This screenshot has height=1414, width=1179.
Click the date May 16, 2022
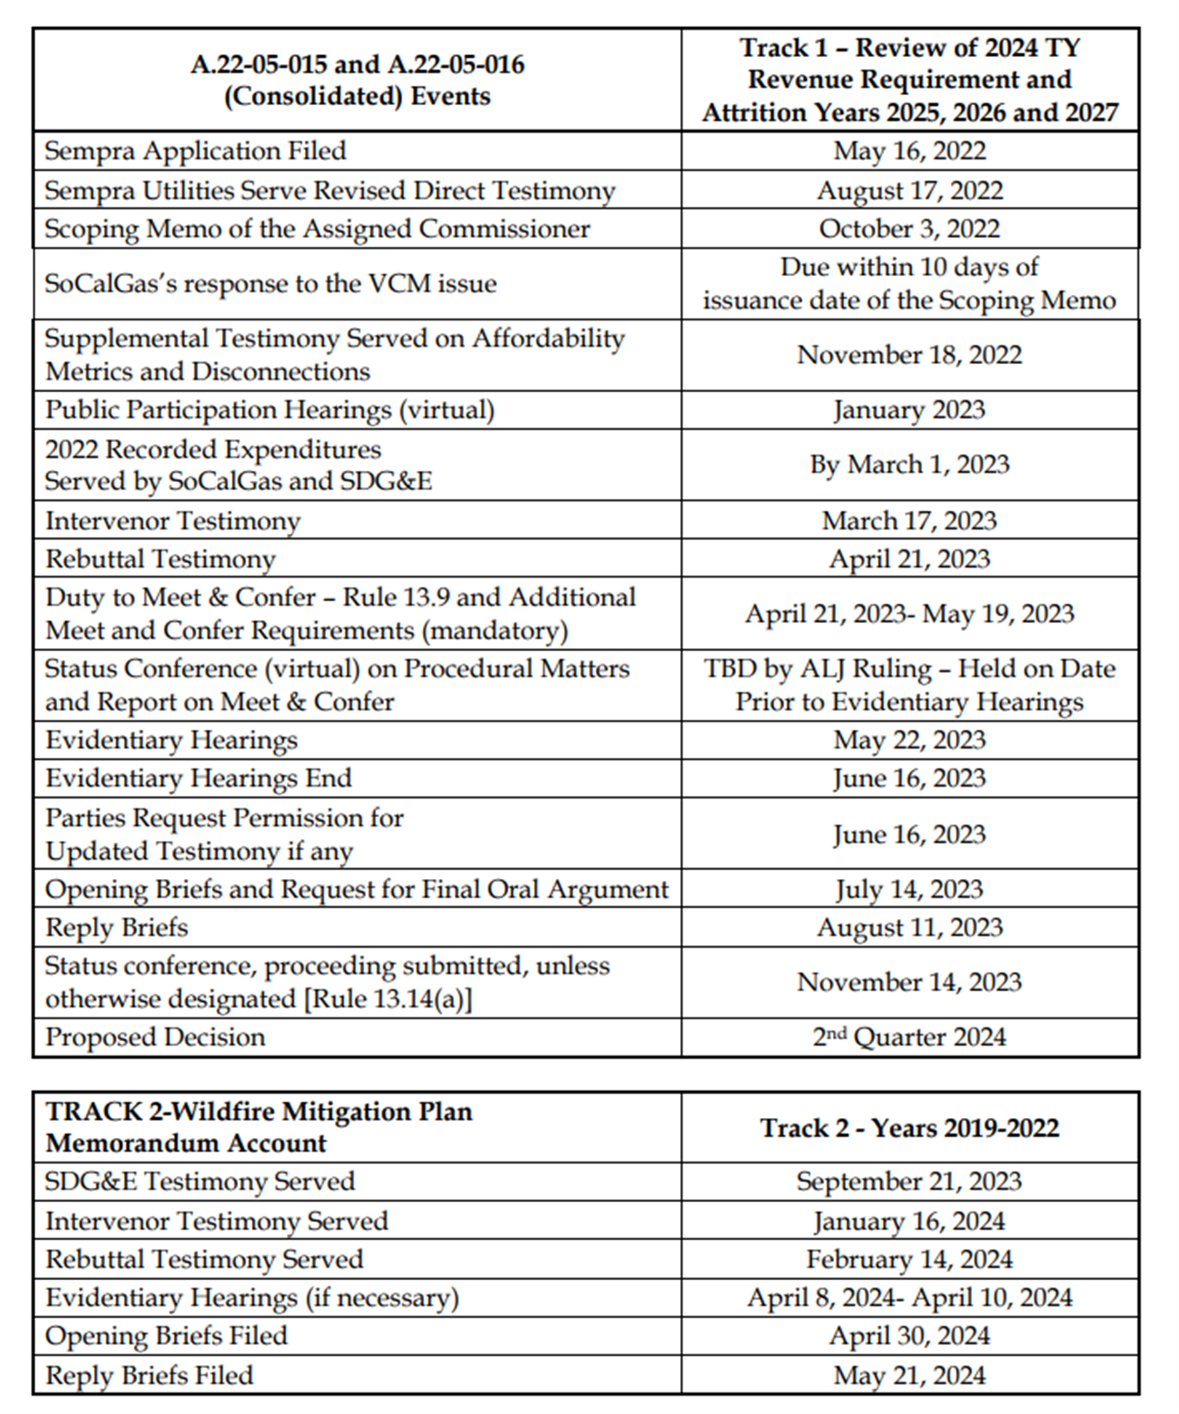pos(909,150)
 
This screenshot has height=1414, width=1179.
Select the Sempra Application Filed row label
pos(196,150)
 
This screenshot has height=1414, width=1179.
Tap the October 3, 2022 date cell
pos(909,228)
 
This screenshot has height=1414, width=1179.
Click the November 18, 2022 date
pos(909,354)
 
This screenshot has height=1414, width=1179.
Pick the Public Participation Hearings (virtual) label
pos(270,410)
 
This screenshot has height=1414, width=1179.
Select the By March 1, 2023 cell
pos(909,464)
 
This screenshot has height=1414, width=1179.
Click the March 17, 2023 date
pos(909,521)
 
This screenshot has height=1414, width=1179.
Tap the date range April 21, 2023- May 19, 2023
pos(909,614)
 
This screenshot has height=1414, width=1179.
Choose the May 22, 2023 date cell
pos(909,740)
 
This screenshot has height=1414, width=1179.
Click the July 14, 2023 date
pos(909,889)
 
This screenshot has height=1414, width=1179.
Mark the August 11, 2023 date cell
pos(909,927)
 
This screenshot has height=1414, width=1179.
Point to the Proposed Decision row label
pos(156,1037)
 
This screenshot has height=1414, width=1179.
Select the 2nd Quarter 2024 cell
pos(909,1037)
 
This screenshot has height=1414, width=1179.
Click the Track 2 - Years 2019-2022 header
pos(909,1127)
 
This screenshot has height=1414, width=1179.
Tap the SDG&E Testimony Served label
pos(200,1181)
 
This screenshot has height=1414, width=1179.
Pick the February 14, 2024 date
pos(909,1259)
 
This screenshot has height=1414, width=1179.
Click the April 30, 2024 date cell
pos(909,1336)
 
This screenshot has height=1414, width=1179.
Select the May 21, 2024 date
pos(909,1375)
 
